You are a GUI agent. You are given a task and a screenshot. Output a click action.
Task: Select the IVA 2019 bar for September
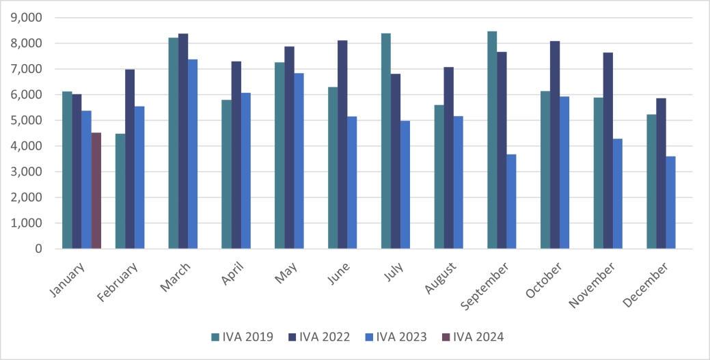click(492, 140)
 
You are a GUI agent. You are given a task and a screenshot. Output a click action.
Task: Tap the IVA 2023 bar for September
click(511, 202)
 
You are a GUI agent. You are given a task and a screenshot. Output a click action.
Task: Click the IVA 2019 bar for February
click(120, 191)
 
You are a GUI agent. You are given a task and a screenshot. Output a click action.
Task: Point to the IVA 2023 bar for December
click(671, 203)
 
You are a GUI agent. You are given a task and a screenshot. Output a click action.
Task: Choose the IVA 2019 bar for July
click(386, 141)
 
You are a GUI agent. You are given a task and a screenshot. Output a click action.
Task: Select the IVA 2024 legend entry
click(473, 336)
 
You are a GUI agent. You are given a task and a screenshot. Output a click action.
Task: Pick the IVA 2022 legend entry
click(319, 336)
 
